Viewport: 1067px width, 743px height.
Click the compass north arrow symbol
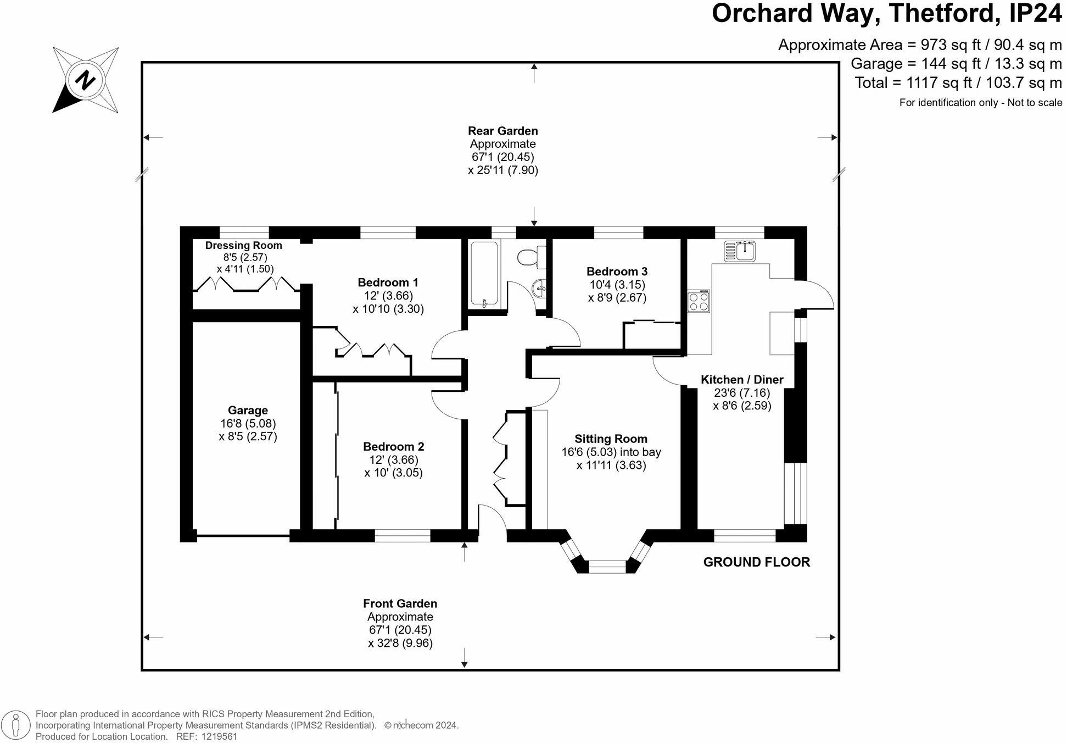(86, 80)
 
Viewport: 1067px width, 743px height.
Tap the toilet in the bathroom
(532, 257)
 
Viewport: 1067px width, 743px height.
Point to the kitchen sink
(740, 251)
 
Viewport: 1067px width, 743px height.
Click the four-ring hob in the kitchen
(699, 301)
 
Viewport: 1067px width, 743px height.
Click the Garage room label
(248, 411)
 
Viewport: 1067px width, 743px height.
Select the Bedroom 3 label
(617, 271)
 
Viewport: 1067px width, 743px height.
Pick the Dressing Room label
(244, 246)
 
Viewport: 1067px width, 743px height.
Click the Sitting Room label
(611, 439)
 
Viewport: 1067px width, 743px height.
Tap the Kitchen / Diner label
(742, 380)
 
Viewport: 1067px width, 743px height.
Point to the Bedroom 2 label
(393, 447)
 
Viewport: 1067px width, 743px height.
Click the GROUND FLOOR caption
(757, 562)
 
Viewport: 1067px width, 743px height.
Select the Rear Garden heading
(503, 131)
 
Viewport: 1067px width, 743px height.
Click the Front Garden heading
(400, 603)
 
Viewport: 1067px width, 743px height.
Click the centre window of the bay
(607, 567)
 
